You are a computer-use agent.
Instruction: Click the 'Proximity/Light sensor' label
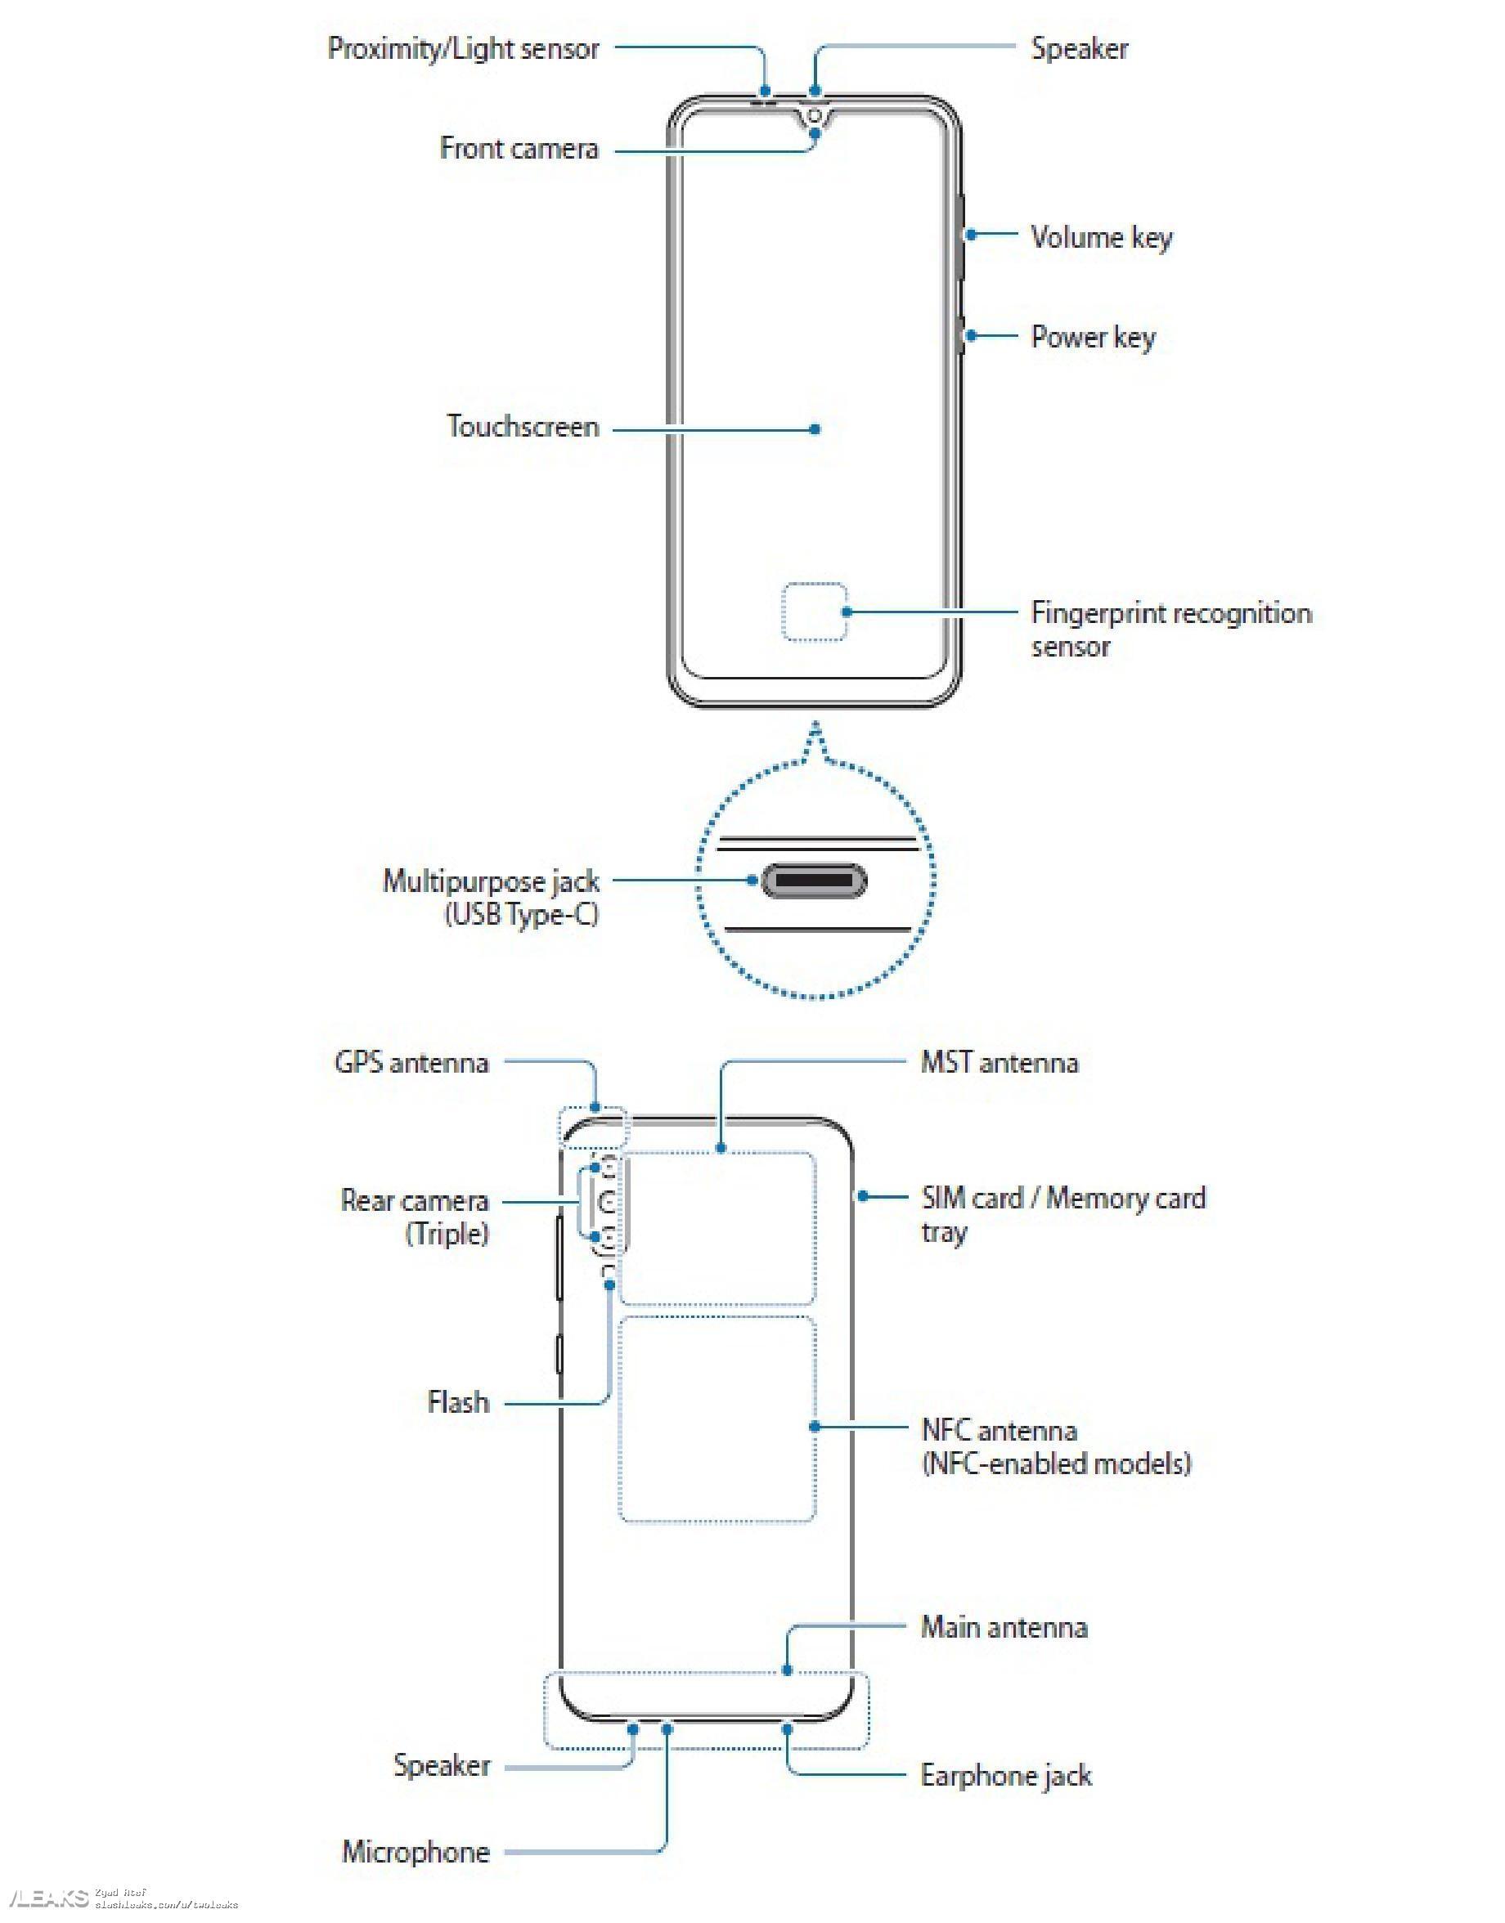[464, 48]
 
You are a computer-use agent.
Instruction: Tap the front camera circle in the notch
[815, 116]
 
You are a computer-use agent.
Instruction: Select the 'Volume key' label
[1102, 237]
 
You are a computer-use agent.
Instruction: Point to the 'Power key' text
[1093, 337]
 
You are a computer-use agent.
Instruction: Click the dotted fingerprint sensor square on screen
[814, 612]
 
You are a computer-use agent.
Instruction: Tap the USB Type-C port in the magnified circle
[813, 880]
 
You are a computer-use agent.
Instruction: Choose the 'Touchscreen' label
[523, 428]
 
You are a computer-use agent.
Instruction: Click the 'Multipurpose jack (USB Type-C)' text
[492, 898]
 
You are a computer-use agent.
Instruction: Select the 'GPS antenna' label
[411, 1062]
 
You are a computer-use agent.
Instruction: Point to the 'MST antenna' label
[1000, 1062]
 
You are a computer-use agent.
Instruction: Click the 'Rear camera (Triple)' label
[415, 1217]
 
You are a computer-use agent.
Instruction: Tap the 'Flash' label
[458, 1401]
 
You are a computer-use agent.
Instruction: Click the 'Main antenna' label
[1004, 1627]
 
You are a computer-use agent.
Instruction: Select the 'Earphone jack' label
[1005, 1775]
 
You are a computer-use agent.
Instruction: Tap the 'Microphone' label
[416, 1852]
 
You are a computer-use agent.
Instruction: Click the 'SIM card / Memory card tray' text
[1062, 1214]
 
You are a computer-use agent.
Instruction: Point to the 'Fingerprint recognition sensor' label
[1170, 629]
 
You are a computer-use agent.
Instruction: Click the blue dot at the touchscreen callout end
[816, 429]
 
